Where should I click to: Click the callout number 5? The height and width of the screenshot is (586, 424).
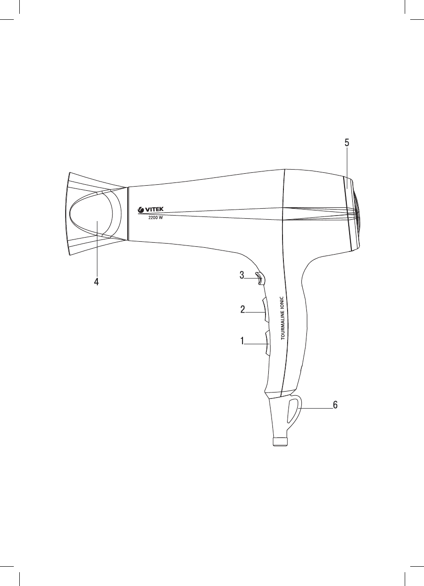coord(347,142)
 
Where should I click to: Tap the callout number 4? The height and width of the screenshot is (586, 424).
coord(96,282)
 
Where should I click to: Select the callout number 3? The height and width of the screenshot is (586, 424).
coord(242,275)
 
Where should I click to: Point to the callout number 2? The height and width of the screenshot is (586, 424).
coord(243,309)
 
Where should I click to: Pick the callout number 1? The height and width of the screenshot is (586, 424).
coord(242,341)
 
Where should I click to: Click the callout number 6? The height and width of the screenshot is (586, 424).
coord(335,412)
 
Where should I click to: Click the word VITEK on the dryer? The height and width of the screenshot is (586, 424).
coord(154,209)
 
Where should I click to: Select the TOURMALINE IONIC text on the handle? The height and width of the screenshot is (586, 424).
coord(283,318)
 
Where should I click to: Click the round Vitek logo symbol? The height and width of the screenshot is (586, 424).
coord(141,210)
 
